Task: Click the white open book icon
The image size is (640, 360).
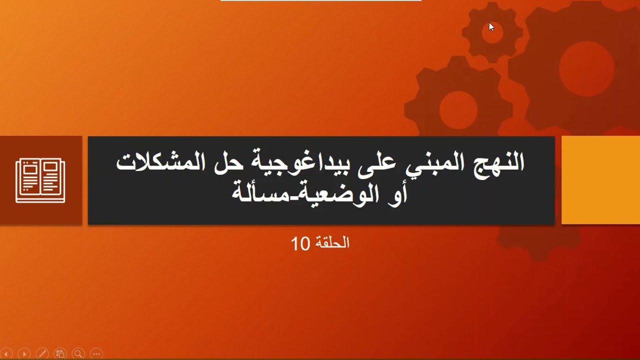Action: click(x=40, y=180)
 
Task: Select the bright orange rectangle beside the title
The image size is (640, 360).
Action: click(x=600, y=180)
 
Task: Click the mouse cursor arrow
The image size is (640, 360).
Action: click(x=491, y=26)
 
